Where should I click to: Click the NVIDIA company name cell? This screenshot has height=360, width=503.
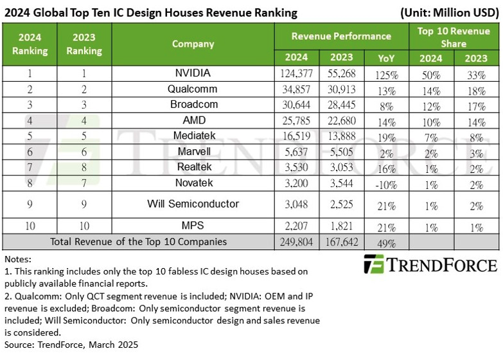click(x=193, y=74)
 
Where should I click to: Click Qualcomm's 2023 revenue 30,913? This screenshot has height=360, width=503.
click(x=341, y=89)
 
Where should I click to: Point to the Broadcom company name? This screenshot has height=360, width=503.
click(x=193, y=104)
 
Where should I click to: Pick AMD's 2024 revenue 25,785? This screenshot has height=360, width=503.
click(x=297, y=120)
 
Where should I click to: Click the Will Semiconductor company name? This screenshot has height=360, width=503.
click(x=193, y=204)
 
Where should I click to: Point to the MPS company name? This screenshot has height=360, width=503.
click(x=193, y=227)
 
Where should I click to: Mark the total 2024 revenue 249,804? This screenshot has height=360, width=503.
click(x=297, y=242)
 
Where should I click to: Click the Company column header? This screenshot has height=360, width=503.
click(x=193, y=44)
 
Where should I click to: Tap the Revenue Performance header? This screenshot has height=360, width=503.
click(x=341, y=36)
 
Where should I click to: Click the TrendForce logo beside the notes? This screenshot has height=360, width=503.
click(x=430, y=265)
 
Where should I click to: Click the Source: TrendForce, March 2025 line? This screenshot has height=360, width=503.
click(x=71, y=345)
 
